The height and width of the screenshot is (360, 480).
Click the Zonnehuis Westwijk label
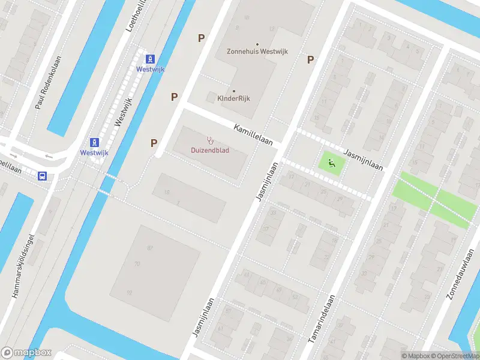(x=257, y=52)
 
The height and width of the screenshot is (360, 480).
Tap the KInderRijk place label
(x=233, y=98)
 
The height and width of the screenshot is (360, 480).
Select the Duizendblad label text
(x=210, y=150)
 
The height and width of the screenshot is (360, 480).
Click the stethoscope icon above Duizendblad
(x=210, y=140)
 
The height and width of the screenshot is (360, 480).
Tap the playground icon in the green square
(x=331, y=162)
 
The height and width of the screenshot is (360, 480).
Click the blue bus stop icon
(x=43, y=176)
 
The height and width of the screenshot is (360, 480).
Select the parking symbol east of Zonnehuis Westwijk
(x=311, y=59)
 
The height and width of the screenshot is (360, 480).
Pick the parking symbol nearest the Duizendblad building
(x=154, y=143)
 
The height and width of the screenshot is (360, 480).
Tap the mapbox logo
(x=26, y=353)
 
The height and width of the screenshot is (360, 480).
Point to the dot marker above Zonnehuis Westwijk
(x=257, y=44)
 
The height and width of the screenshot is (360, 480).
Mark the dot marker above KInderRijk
(x=233, y=91)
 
